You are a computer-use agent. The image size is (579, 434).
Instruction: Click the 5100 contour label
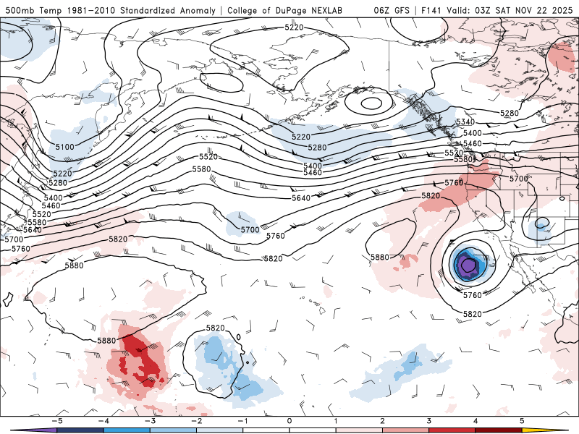tap(64, 147)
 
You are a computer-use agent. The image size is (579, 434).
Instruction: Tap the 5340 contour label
tap(465, 122)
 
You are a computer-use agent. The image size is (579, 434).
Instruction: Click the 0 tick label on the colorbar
tap(289, 420)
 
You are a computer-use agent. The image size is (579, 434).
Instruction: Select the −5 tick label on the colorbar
tap(55, 420)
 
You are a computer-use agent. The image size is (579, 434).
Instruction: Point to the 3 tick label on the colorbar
tap(429, 420)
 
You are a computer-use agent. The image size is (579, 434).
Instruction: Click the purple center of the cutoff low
tap(468, 265)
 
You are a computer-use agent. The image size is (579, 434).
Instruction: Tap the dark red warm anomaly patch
tap(145, 362)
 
